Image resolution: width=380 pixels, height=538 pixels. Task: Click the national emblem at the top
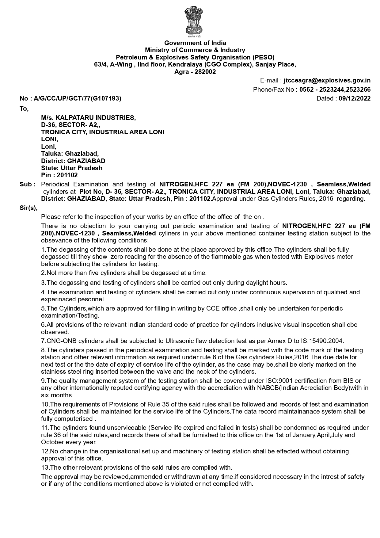pyautogui.click(x=193, y=21)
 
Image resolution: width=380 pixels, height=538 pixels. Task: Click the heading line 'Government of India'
pyautogui.click(x=195, y=43)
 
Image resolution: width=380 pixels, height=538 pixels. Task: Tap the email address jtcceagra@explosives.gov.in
pyautogui.click(x=327, y=81)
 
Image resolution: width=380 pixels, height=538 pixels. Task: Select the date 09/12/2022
pyautogui.click(x=355, y=99)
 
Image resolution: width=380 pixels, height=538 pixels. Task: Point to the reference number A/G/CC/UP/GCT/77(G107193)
pyautogui.click(x=77, y=99)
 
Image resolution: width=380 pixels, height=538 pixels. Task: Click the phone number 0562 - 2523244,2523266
pyautogui.click(x=335, y=90)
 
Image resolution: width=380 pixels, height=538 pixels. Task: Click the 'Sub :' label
pyautogui.click(x=28, y=185)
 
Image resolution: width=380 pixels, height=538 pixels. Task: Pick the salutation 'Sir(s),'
pyautogui.click(x=28, y=208)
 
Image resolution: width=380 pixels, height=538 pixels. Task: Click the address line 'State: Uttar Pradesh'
pyautogui.click(x=72, y=168)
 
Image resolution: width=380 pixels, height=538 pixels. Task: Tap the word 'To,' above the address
pyautogui.click(x=24, y=109)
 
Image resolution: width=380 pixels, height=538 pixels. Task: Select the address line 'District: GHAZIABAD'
pyautogui.click(x=73, y=161)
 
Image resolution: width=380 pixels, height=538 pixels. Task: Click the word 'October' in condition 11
pyautogui.click(x=52, y=442)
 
